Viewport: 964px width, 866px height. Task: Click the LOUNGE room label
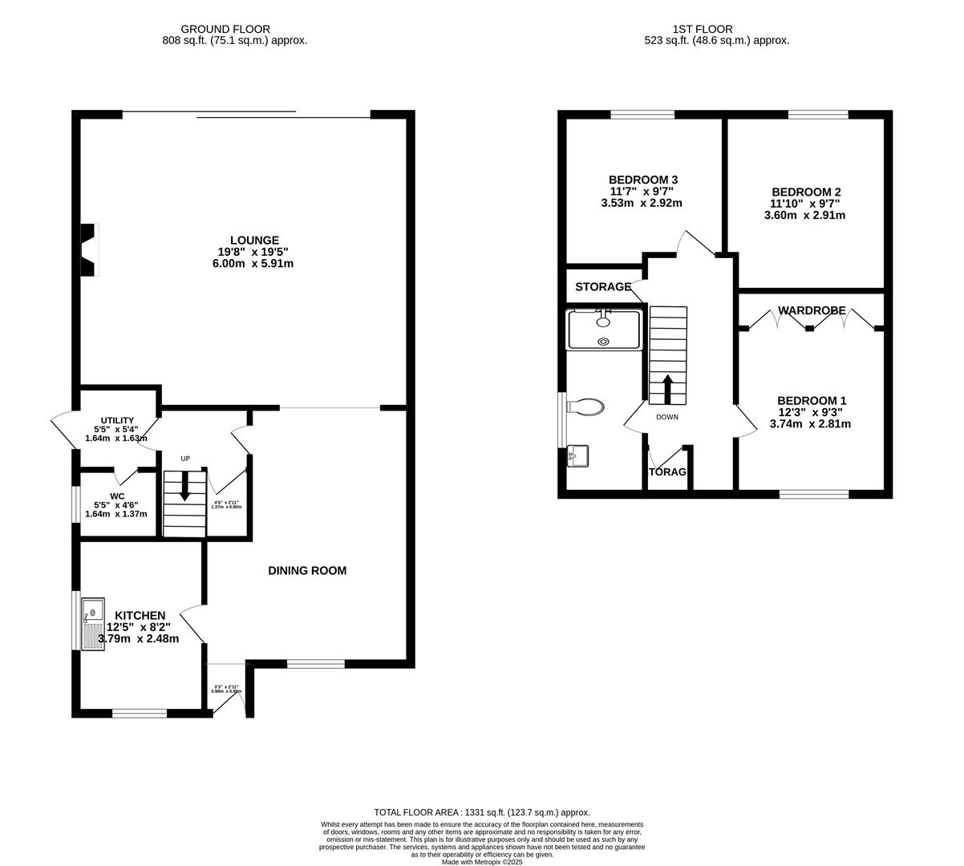(x=254, y=240)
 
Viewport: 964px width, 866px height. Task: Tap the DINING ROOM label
(x=307, y=571)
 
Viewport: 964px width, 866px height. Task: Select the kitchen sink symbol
(x=92, y=623)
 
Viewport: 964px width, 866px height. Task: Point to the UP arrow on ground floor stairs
(x=185, y=486)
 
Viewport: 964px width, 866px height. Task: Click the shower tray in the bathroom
(x=604, y=330)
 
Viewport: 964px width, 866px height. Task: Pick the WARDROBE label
(x=812, y=310)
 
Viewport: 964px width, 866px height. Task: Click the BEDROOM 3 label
(x=643, y=180)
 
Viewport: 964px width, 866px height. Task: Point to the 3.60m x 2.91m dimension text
(x=806, y=215)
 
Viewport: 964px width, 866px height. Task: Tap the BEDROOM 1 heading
(x=812, y=401)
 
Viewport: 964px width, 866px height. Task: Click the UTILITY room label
(x=116, y=420)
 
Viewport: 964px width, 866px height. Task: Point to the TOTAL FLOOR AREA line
(x=482, y=812)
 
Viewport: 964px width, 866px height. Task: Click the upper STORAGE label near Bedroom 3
(x=603, y=287)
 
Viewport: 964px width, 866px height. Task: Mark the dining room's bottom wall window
(x=316, y=664)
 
